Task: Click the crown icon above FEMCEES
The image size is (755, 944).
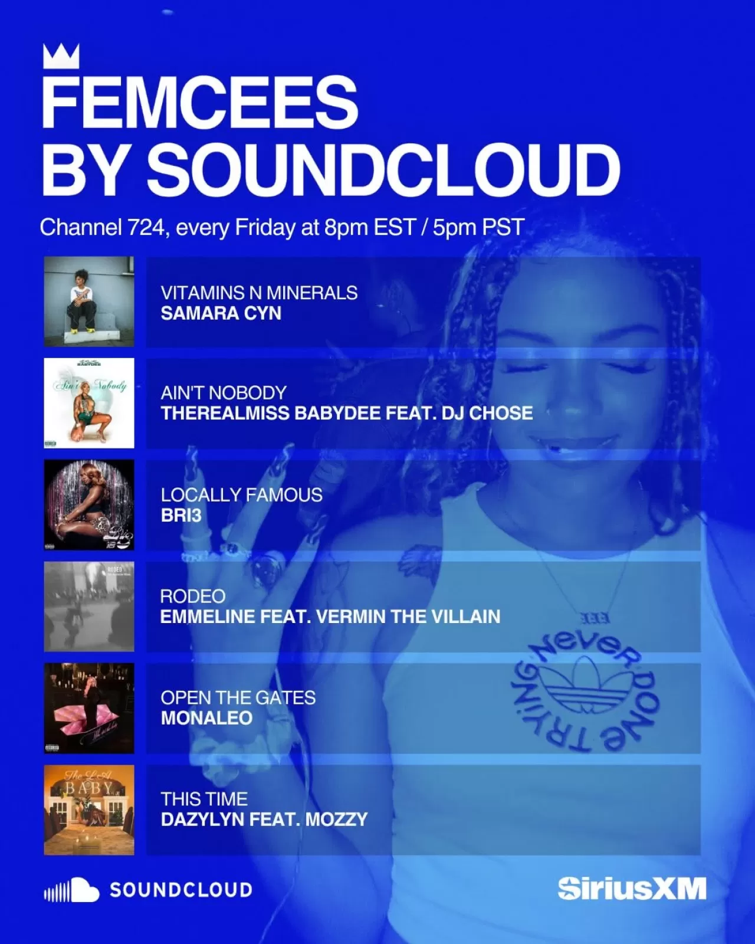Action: [x=61, y=56]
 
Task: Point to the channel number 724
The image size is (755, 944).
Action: [x=145, y=228]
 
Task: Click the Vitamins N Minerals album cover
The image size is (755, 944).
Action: [x=89, y=301]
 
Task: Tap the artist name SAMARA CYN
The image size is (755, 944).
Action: [x=221, y=313]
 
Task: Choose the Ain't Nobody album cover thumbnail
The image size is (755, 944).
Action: [x=89, y=403]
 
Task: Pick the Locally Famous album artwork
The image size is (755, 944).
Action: [x=89, y=505]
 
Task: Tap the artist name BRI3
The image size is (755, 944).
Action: [x=181, y=516]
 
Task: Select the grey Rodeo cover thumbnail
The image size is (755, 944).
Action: [x=89, y=607]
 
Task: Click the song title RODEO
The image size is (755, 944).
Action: [x=193, y=596]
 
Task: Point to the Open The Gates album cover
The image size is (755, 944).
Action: [x=89, y=708]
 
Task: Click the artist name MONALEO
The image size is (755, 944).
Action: [x=206, y=718]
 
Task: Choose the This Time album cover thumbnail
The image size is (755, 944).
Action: [x=89, y=809]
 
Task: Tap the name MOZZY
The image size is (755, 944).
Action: [x=336, y=820]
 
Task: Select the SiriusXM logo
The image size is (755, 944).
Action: [x=632, y=889]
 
